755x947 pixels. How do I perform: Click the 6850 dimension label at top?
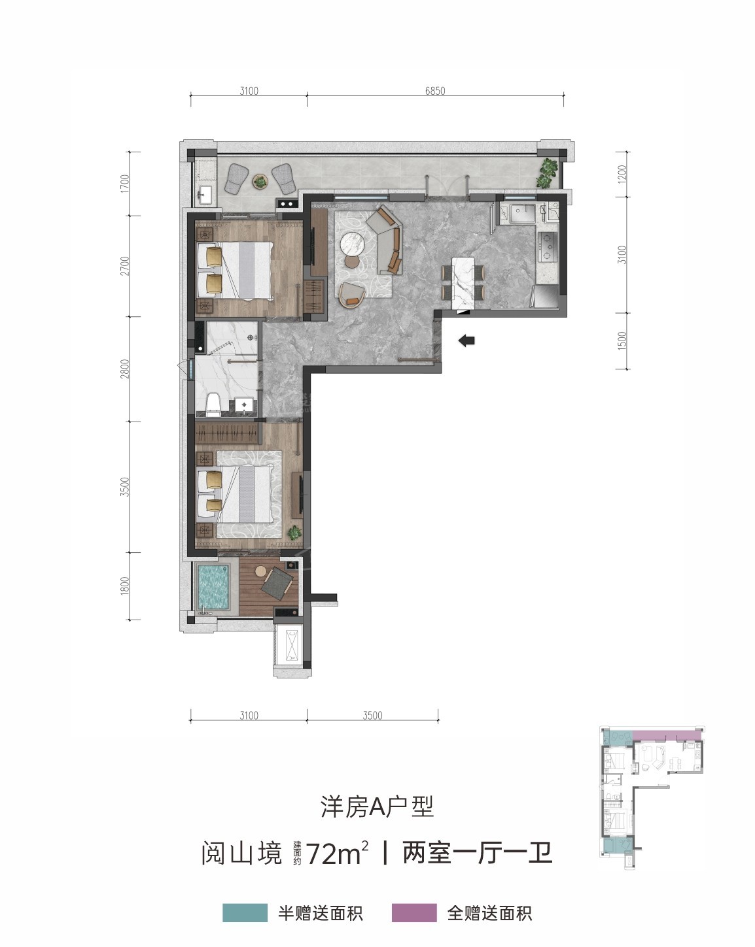pos(435,91)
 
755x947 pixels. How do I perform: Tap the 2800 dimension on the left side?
pos(126,369)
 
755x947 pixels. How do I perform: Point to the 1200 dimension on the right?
pos(622,174)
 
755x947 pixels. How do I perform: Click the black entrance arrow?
pos(466,340)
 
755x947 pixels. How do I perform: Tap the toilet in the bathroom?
pos(214,405)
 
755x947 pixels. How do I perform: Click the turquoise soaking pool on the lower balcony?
pos(213,587)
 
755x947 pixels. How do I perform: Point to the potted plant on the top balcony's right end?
pos(547,173)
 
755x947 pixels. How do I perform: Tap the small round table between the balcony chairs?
pos(260,181)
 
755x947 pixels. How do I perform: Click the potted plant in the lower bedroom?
pos(294,533)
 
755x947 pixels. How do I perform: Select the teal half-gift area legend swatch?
pos(245,912)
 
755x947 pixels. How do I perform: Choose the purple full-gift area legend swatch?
pos(414,912)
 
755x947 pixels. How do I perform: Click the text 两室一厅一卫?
pos(477,854)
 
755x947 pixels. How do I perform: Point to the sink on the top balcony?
pos(205,194)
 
